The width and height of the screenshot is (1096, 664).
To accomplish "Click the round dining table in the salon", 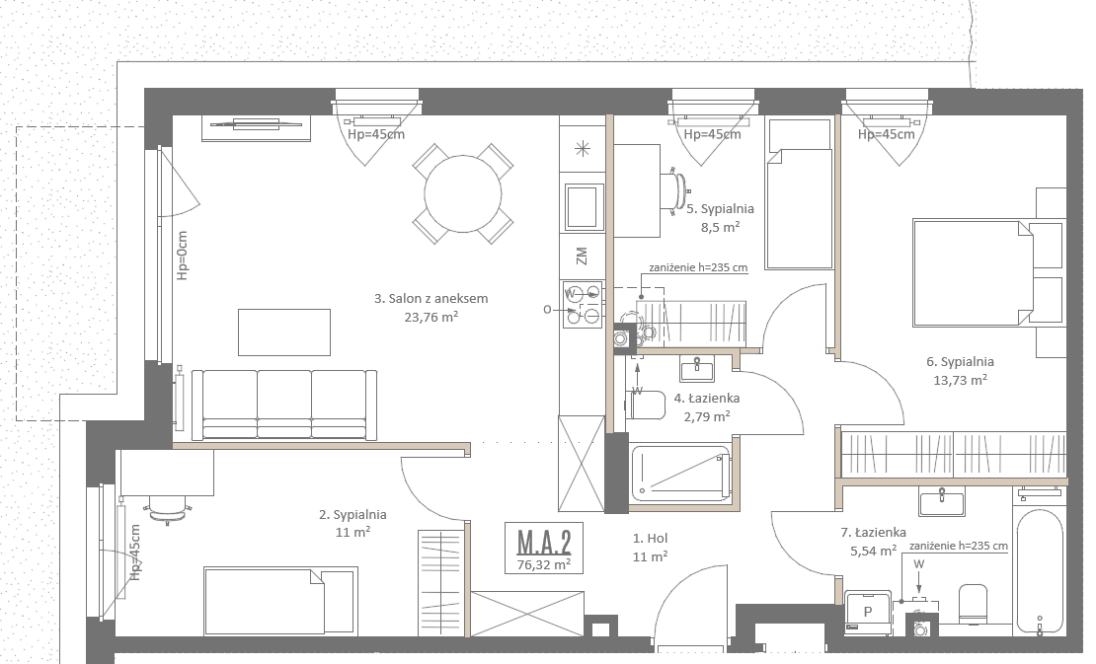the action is click(x=463, y=193).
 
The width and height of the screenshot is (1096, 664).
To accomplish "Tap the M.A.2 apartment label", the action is click(x=544, y=542).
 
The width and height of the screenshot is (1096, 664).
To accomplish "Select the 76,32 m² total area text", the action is click(x=544, y=564).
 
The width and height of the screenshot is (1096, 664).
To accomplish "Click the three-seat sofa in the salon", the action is click(x=284, y=405).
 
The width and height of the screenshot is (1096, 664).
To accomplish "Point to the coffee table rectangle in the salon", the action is click(x=283, y=332).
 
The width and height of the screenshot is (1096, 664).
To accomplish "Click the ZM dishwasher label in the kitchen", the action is click(x=582, y=256).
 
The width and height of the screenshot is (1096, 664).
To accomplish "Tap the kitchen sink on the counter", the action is click(x=585, y=206).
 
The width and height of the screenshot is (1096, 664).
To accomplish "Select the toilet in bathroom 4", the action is click(x=646, y=405).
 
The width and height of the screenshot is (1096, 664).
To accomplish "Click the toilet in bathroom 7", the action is click(x=973, y=604).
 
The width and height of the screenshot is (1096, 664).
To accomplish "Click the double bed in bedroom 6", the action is click(x=973, y=273).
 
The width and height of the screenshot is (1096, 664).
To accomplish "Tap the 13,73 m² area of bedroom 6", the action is click(x=961, y=380).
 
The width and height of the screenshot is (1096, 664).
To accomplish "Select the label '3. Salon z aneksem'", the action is click(x=431, y=298).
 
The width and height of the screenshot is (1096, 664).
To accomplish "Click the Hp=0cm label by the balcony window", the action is click(x=183, y=256).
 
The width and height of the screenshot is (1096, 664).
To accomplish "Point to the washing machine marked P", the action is click(x=868, y=613).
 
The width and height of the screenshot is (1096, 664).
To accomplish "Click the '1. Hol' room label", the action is click(x=650, y=539).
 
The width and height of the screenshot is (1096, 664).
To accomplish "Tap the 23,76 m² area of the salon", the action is click(x=431, y=317).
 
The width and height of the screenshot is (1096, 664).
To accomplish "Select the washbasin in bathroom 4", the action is click(x=697, y=368).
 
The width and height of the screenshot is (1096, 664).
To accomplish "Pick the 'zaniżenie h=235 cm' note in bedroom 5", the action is click(x=698, y=267).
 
